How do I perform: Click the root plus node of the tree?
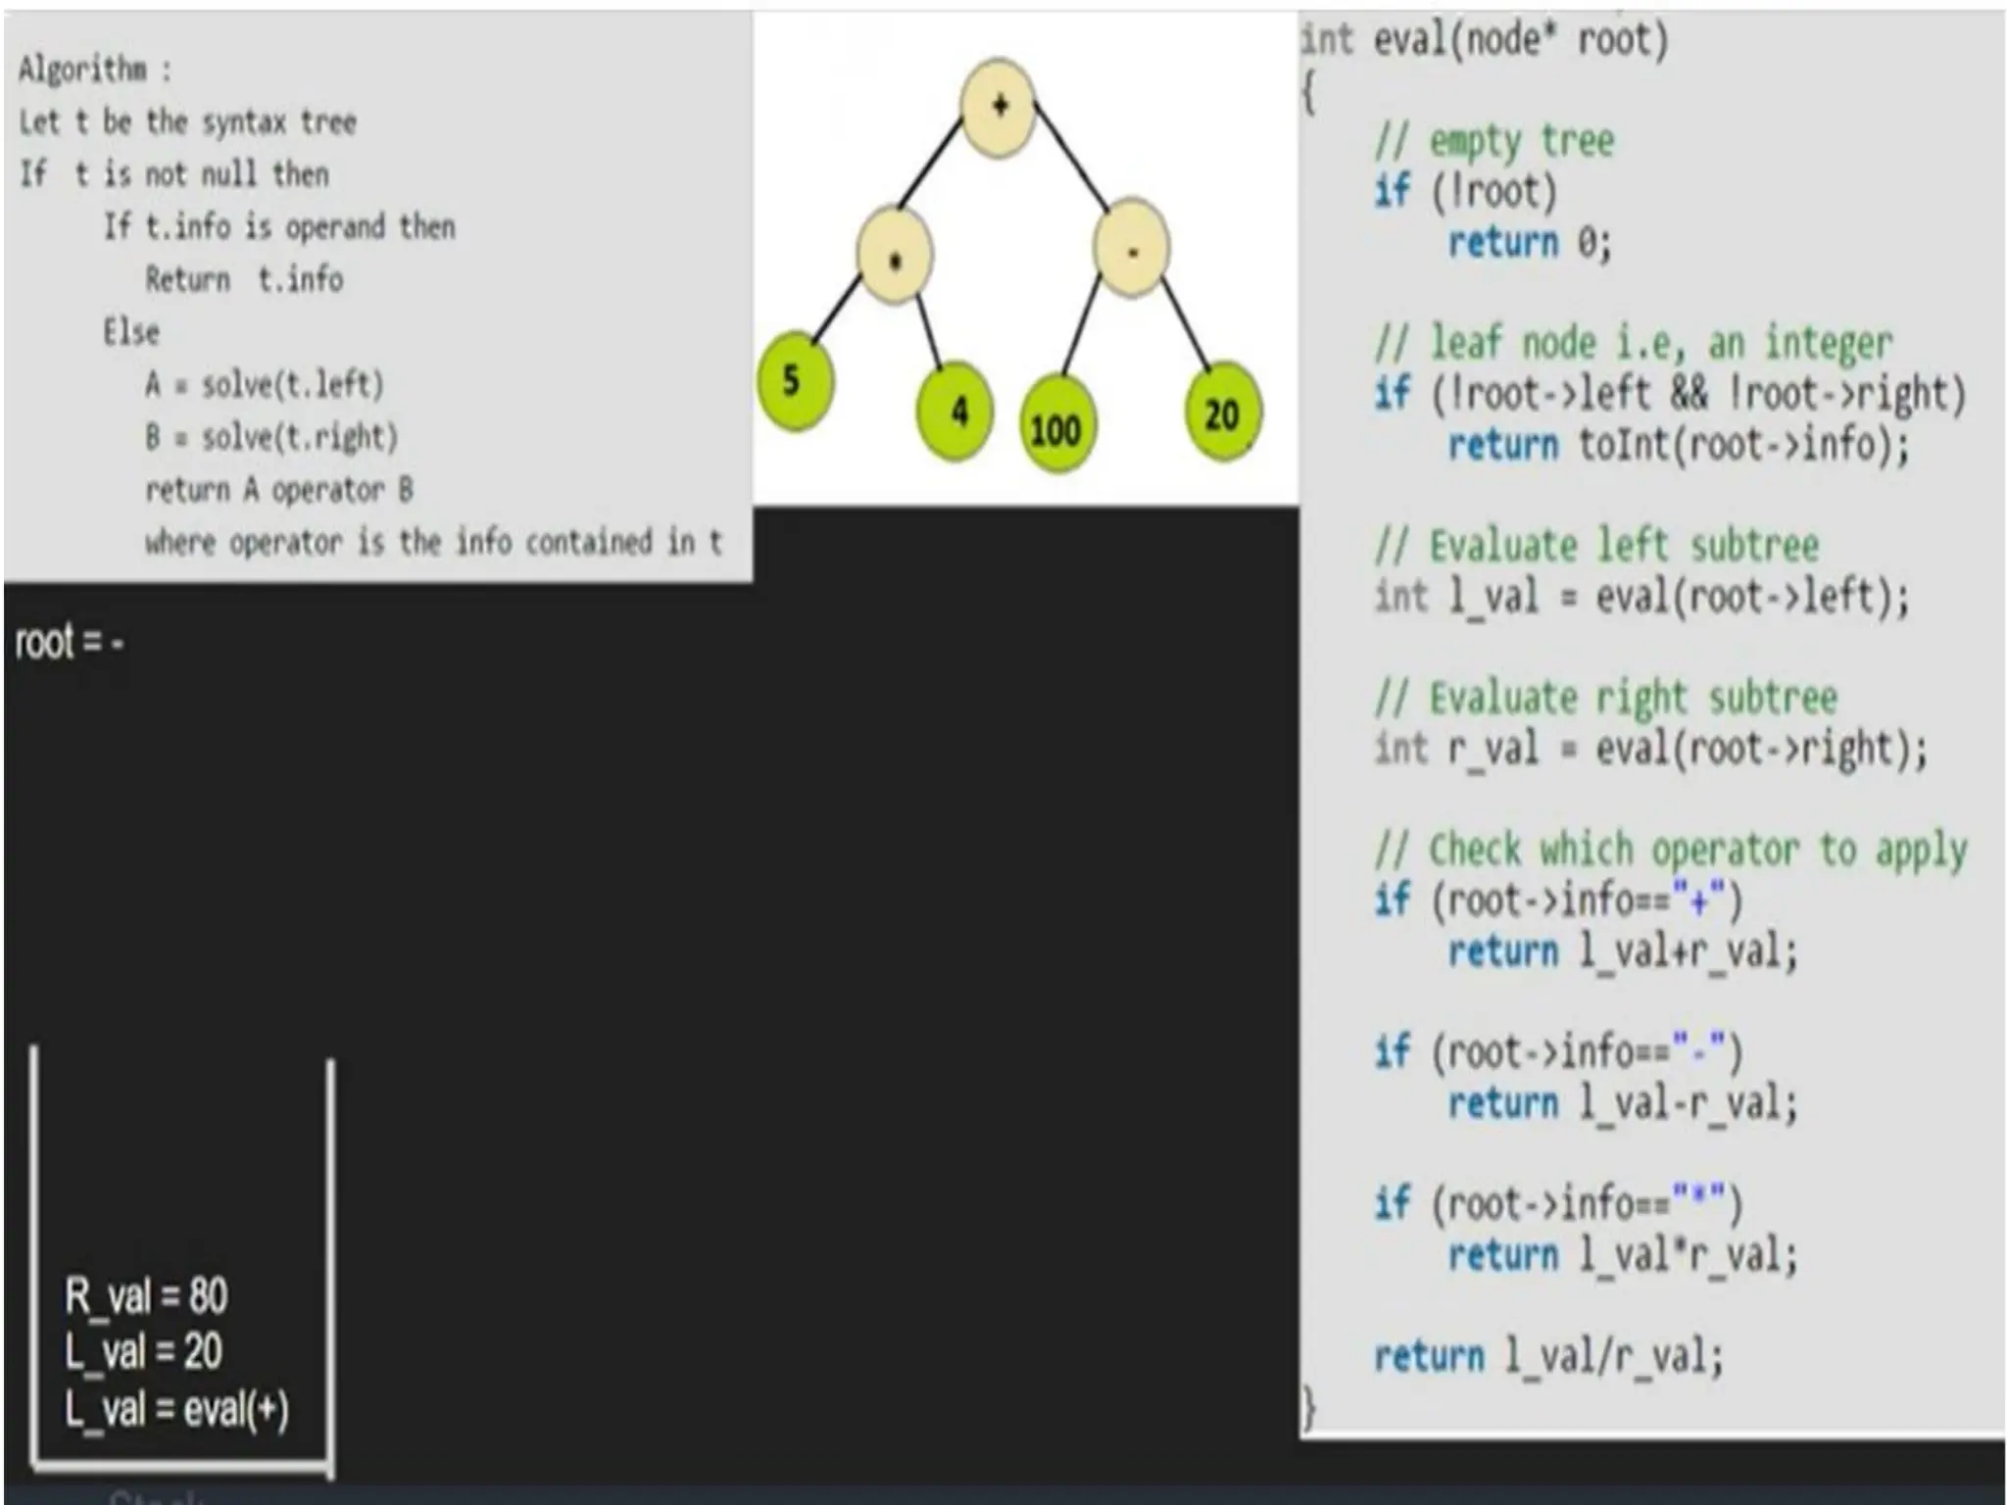(x=998, y=106)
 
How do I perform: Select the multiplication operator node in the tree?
(x=895, y=257)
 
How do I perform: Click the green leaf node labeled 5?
(x=795, y=381)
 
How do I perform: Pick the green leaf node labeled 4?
(x=955, y=412)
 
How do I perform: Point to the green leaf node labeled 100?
(x=1055, y=427)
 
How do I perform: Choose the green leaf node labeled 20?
(x=1221, y=414)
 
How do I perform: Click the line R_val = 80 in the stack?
(x=146, y=1296)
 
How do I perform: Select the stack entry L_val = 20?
(x=144, y=1352)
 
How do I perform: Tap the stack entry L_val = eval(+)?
(x=177, y=1410)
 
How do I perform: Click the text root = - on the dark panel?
(x=70, y=643)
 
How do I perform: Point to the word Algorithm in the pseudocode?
(x=83, y=70)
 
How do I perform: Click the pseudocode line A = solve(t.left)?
(x=265, y=384)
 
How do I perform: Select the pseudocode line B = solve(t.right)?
(x=271, y=437)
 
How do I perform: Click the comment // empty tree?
(x=1493, y=141)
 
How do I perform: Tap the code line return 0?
(x=1530, y=242)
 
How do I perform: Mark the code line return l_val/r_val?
(x=1547, y=1357)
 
